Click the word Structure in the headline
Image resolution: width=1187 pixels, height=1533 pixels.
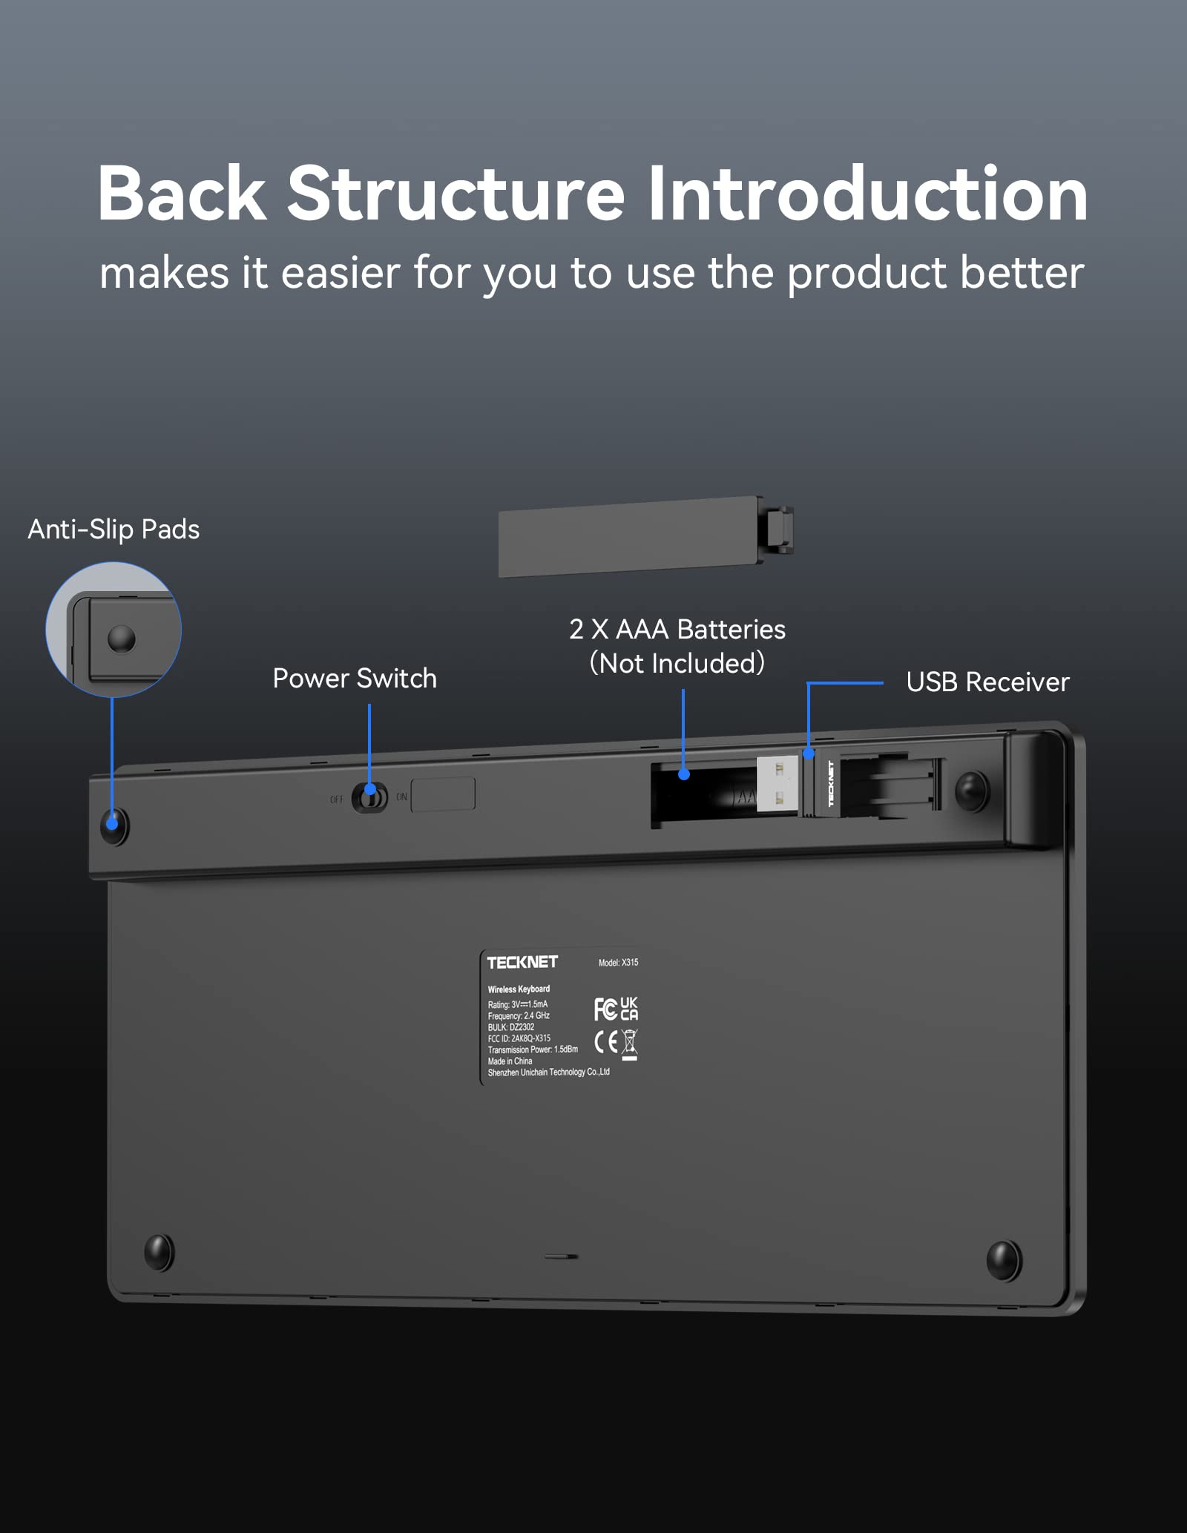pyautogui.click(x=456, y=194)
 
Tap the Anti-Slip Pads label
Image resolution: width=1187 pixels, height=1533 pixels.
pyautogui.click(x=114, y=530)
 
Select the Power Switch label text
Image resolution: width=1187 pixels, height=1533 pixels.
pyautogui.click(x=355, y=679)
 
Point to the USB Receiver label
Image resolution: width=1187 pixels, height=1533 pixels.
pyautogui.click(x=987, y=682)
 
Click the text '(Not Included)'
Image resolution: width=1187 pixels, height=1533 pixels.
pyautogui.click(x=677, y=663)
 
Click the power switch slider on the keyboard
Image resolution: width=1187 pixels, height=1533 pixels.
pyautogui.click(x=369, y=798)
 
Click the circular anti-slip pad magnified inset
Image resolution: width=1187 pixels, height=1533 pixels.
pyautogui.click(x=114, y=629)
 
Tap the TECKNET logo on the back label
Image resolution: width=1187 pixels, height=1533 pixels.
pyautogui.click(x=522, y=962)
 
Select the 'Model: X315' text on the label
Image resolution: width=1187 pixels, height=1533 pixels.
pyautogui.click(x=618, y=963)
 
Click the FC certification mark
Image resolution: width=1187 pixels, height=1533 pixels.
pyautogui.click(x=605, y=1009)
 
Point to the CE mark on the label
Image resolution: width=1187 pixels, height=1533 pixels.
pyautogui.click(x=605, y=1042)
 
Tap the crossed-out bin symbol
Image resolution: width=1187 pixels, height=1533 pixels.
pyautogui.click(x=629, y=1044)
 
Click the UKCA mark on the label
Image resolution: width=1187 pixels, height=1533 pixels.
pyautogui.click(x=629, y=1009)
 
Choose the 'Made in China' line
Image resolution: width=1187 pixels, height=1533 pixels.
pyautogui.click(x=510, y=1061)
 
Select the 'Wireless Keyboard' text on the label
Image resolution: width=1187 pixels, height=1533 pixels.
pyautogui.click(x=519, y=989)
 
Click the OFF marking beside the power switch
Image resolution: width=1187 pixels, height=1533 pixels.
pyautogui.click(x=337, y=800)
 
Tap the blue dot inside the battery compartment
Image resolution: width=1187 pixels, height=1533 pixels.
pyautogui.click(x=684, y=774)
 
